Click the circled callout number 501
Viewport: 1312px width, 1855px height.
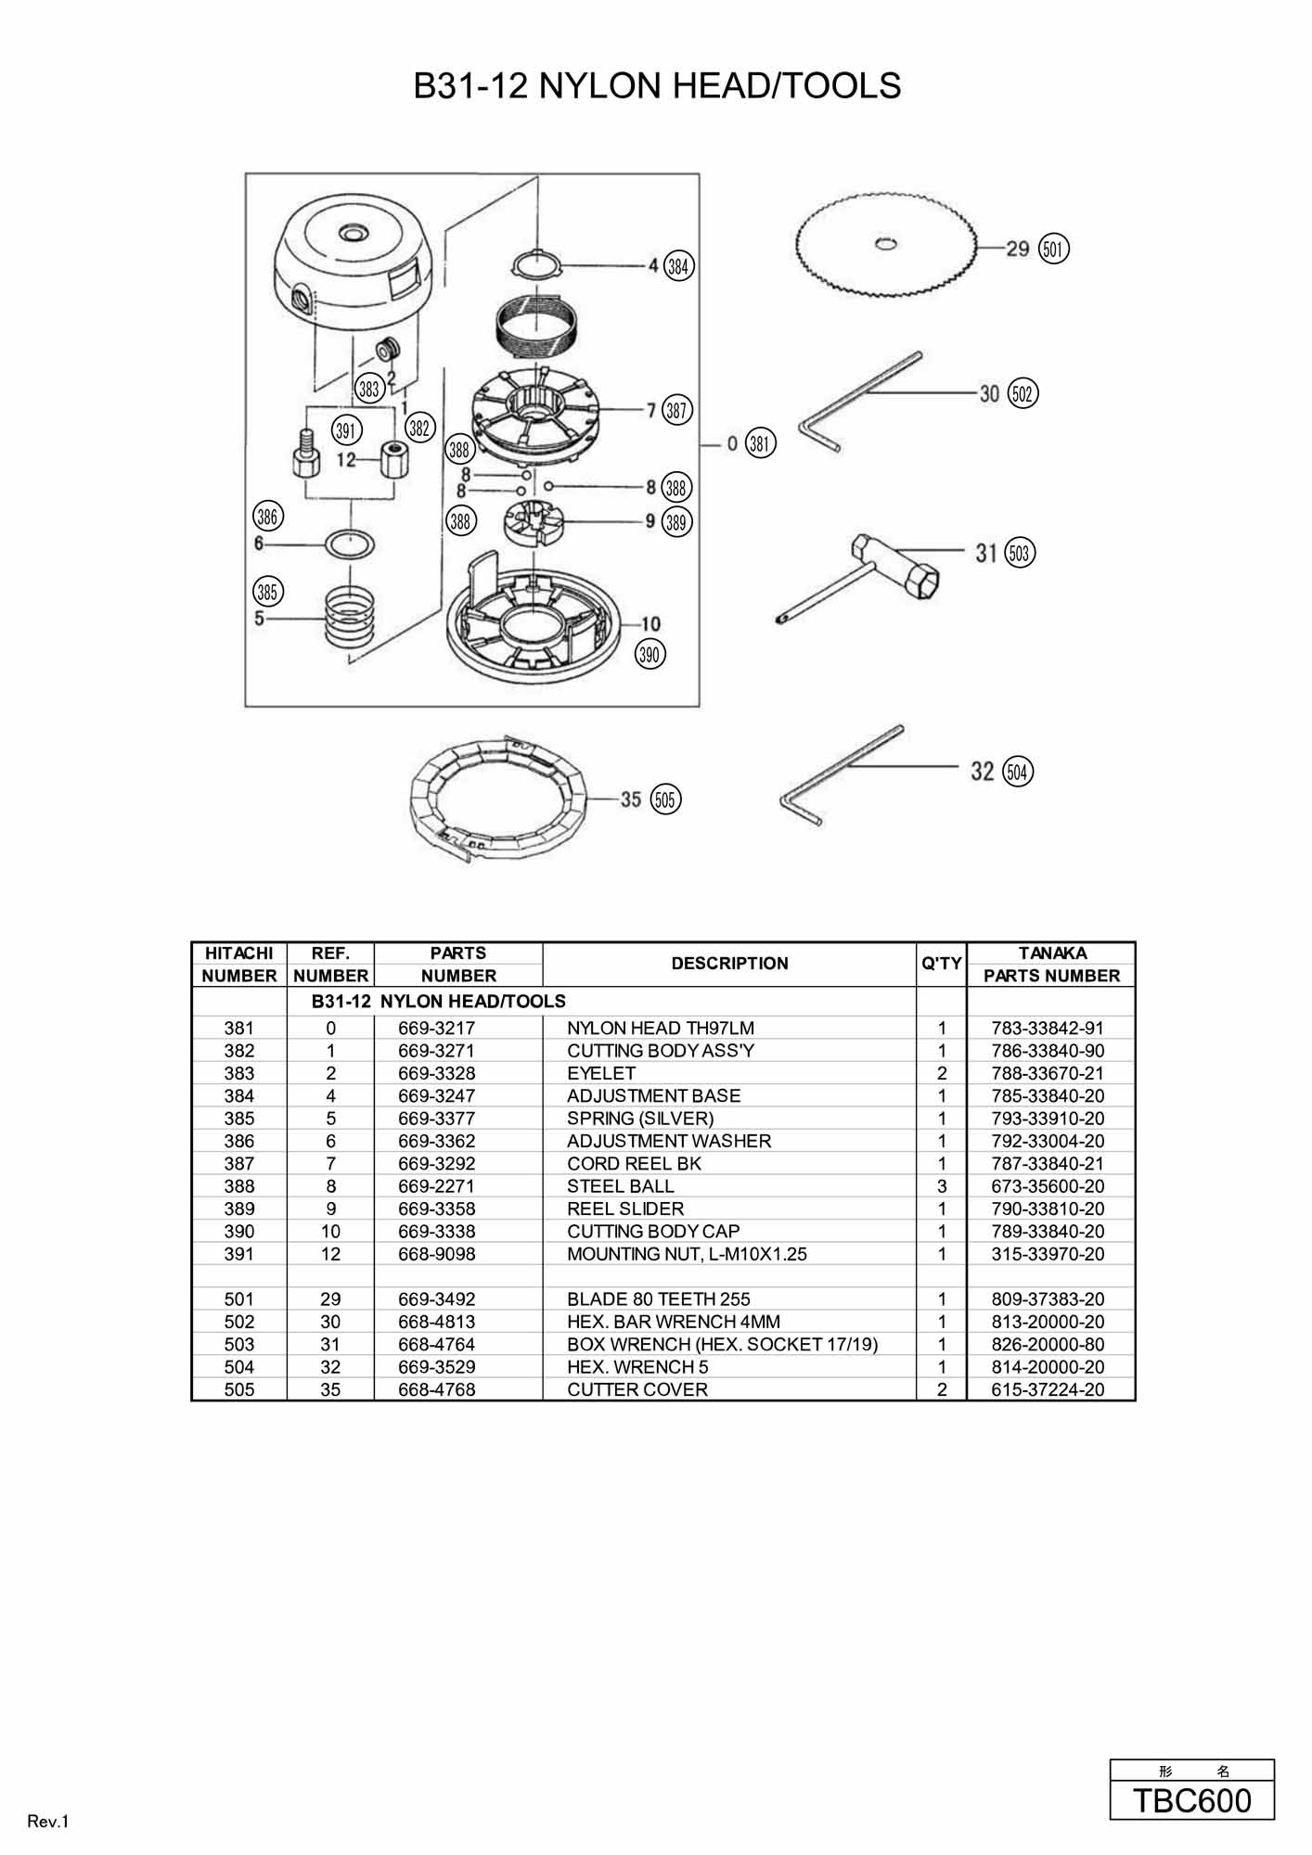1053,249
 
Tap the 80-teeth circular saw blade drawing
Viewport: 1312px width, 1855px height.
888,245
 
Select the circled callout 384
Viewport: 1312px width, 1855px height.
679,266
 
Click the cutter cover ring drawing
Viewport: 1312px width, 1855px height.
499,800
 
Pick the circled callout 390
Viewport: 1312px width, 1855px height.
650,655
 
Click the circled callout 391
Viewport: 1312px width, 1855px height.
347,430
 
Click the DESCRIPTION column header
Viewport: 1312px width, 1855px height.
729,964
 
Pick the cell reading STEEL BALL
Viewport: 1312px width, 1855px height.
621,1186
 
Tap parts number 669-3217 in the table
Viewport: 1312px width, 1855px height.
437,1028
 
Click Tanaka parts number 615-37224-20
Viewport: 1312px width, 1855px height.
1048,1389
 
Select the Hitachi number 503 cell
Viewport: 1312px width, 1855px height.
239,1344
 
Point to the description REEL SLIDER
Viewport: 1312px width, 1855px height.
625,1209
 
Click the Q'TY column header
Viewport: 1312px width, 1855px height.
942,964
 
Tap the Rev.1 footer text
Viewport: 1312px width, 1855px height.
48,1822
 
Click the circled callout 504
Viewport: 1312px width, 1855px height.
1019,772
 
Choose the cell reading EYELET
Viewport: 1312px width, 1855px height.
601,1073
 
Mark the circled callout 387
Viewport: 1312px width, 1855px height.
677,410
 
